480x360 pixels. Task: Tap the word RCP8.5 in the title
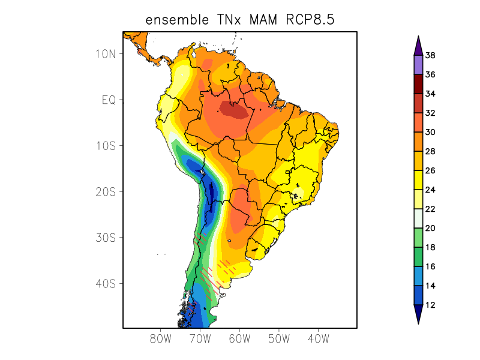[x=310, y=20]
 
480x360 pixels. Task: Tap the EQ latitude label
[x=108, y=100]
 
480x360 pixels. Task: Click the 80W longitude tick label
[x=160, y=338]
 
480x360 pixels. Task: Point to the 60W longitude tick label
[x=239, y=338]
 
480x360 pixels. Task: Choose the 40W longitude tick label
[x=318, y=338]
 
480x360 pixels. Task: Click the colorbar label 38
[x=430, y=56]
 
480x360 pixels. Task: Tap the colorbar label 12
[x=430, y=305]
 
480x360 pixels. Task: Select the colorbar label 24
[x=430, y=190]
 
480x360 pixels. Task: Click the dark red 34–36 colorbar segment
[x=418, y=84]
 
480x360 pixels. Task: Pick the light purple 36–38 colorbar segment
[x=418, y=65]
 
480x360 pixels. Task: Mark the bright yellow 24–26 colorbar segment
[x=418, y=180]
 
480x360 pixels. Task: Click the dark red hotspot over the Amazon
[x=233, y=109]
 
